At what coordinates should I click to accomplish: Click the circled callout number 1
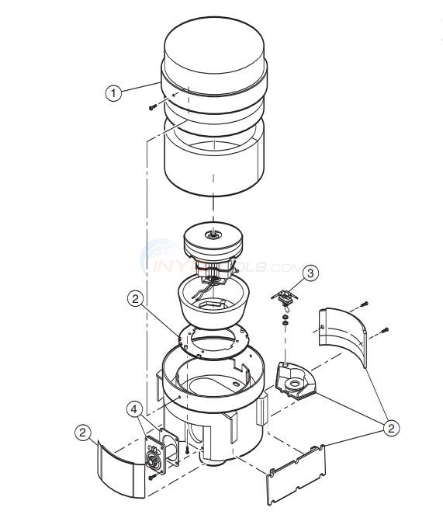114,93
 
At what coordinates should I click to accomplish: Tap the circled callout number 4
135,408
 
